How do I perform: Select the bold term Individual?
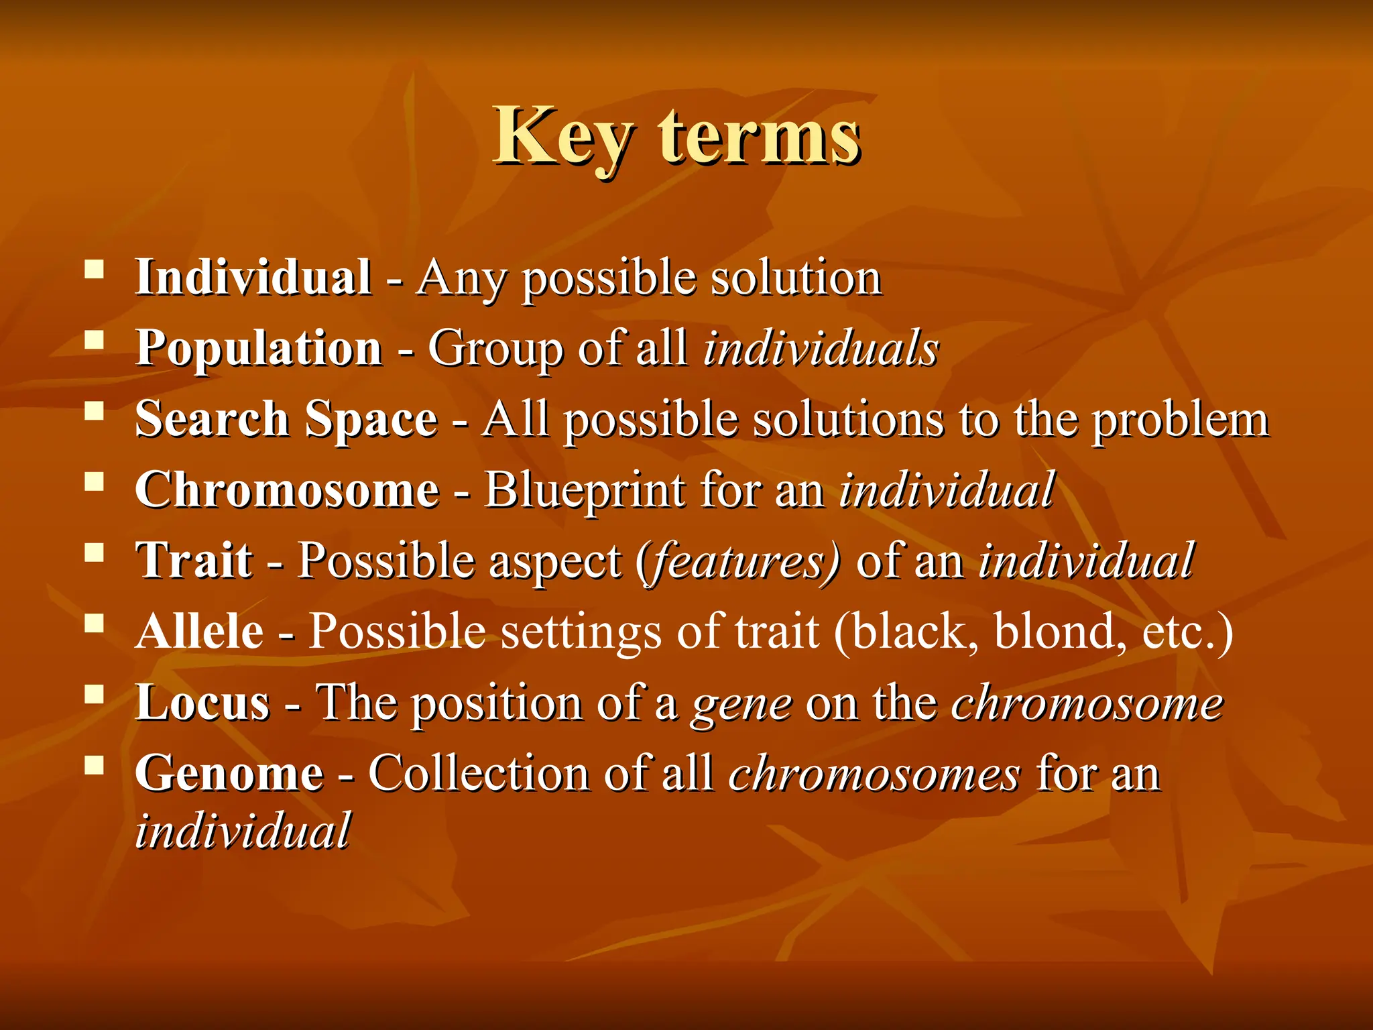(x=253, y=277)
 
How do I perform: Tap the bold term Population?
(x=259, y=349)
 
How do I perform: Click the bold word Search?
(x=212, y=419)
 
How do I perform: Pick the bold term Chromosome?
(x=287, y=490)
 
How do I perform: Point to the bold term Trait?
(x=194, y=561)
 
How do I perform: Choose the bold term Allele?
(x=200, y=632)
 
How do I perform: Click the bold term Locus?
(x=202, y=703)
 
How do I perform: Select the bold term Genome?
(x=229, y=773)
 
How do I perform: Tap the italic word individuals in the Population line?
(x=821, y=349)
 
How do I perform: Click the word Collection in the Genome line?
(x=478, y=773)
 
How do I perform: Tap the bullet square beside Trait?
(x=95, y=553)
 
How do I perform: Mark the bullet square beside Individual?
(x=95, y=270)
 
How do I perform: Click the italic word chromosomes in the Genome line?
(x=874, y=773)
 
